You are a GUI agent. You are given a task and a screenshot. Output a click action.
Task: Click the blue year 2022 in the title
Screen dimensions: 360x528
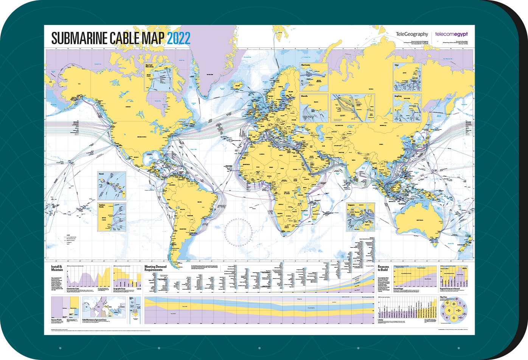click(x=179, y=38)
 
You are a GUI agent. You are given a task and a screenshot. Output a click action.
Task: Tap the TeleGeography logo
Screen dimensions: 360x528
click(x=412, y=34)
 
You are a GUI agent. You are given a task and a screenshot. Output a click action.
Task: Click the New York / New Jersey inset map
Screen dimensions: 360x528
click(x=158, y=77)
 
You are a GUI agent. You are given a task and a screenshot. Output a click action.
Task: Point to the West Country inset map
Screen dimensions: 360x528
click(x=314, y=77)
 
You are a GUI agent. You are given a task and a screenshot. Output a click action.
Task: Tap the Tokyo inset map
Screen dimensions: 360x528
click(x=407, y=77)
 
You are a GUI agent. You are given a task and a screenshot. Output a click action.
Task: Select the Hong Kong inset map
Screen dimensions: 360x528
click(x=407, y=108)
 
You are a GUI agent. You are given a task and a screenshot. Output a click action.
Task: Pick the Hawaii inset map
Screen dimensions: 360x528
click(x=112, y=186)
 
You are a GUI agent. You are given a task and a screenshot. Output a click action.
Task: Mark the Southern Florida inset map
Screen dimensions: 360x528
click(x=112, y=217)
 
